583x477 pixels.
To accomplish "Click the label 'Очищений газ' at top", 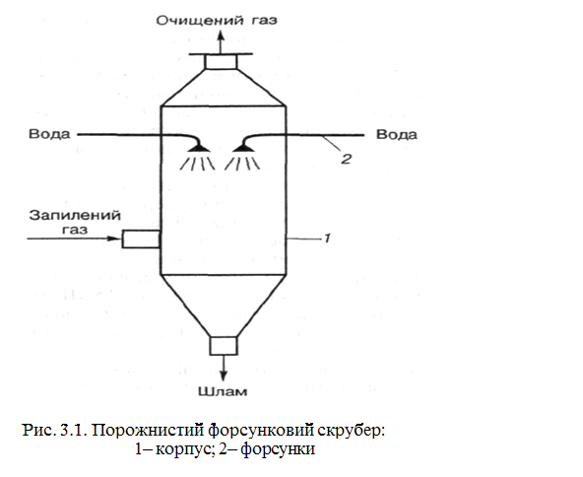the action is click(217, 20).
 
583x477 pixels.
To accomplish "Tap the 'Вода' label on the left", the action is click(49, 134).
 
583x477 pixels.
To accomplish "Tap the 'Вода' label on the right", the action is click(397, 134).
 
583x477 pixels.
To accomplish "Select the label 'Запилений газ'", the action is click(75, 222).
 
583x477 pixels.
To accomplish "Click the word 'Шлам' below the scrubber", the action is click(223, 391).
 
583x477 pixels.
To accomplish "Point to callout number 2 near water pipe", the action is click(347, 160).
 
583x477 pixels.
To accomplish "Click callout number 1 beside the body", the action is click(327, 238).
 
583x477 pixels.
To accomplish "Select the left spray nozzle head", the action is click(199, 148).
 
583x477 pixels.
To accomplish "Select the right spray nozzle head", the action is click(243, 148).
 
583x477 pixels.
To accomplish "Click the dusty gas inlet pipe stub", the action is click(141, 238).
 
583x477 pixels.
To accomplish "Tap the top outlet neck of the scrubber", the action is click(221, 61).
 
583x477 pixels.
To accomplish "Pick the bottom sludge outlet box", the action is click(224, 346).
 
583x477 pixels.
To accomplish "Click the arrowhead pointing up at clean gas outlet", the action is click(221, 34).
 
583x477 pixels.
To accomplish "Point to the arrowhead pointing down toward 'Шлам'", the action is click(224, 375).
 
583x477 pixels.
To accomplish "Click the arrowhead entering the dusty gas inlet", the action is click(112, 238).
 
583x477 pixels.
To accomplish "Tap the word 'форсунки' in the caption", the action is click(278, 449).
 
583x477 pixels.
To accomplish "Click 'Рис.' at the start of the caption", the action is click(38, 431).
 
